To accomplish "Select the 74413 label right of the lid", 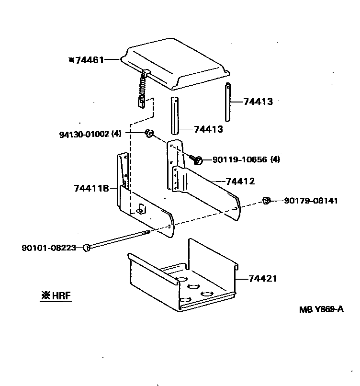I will [x=258, y=102].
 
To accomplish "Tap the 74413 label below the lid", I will [x=208, y=129].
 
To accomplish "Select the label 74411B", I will [x=92, y=188].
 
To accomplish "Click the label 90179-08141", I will [x=311, y=201].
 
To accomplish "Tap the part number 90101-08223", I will [x=49, y=248].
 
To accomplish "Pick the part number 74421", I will [x=263, y=278].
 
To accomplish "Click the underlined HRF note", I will [x=56, y=295].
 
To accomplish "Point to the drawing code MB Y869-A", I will [x=321, y=309].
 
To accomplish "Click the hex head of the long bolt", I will [x=87, y=247].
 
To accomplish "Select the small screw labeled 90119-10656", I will [x=196, y=159].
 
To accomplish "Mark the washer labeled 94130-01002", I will [x=149, y=133].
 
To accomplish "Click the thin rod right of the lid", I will [x=228, y=102].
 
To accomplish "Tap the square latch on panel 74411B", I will [x=141, y=208].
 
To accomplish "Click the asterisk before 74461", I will [x=71, y=60].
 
